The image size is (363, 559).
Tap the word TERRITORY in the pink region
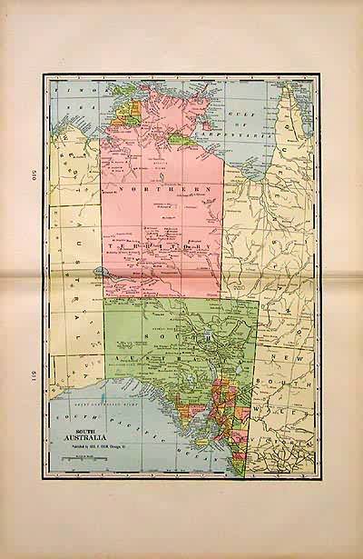pyautogui.click(x=163, y=246)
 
